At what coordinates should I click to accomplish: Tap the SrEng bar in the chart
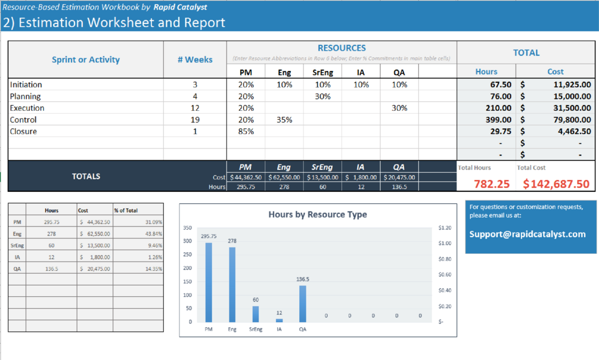(256, 314)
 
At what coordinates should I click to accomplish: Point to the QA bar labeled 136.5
(303, 303)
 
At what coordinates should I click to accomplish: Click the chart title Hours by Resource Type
(317, 215)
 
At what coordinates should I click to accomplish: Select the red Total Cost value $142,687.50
(557, 184)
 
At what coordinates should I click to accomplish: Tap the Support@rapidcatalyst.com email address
(527, 234)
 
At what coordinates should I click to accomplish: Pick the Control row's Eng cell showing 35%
(284, 120)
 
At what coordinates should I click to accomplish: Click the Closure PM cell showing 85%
(246, 132)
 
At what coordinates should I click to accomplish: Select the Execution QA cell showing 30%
(399, 108)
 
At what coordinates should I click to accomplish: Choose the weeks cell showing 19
(195, 120)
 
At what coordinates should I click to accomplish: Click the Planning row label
(26, 97)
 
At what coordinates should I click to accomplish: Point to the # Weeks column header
(195, 60)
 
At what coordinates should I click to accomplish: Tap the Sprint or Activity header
(86, 60)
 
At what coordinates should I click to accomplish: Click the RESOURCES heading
(342, 48)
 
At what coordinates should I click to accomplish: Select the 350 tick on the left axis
(187, 228)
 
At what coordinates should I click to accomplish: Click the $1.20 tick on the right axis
(444, 228)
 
